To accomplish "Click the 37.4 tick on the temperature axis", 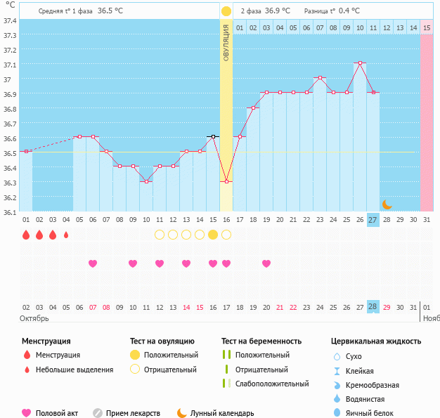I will pyautogui.click(x=10, y=20).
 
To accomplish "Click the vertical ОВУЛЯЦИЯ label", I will pyautogui.click(x=226, y=43).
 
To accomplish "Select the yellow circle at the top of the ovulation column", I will pyautogui.click(x=226, y=11).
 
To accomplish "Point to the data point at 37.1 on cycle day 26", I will pyautogui.click(x=360, y=63).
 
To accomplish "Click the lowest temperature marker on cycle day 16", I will pyautogui.click(x=226, y=182).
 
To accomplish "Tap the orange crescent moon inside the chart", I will pyautogui.click(x=387, y=204).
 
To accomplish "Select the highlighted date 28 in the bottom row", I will pyautogui.click(x=373, y=307).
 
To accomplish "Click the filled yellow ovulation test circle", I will pyautogui.click(x=213, y=235).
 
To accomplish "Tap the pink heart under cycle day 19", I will pyautogui.click(x=266, y=263).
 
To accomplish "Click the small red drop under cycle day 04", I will pyautogui.click(x=66, y=235).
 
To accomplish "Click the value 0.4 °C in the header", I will pyautogui.click(x=349, y=11).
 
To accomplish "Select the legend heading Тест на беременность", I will pyautogui.click(x=261, y=341).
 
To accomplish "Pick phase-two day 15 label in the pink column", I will pyautogui.click(x=427, y=28).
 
